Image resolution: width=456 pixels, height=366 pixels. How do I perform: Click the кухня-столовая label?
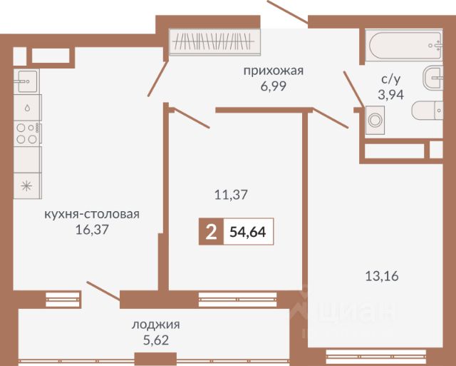pyautogui.click(x=91, y=214)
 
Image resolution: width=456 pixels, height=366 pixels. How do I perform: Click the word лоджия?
pyautogui.click(x=156, y=324)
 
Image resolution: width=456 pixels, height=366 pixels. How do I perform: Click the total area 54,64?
pyautogui.click(x=248, y=233)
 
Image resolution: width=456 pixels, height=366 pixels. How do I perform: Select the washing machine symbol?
pyautogui.click(x=375, y=121)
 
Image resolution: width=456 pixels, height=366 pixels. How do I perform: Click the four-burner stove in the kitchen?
pyautogui.click(x=27, y=133)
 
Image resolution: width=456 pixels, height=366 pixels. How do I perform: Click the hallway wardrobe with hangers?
pyautogui.click(x=214, y=42)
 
